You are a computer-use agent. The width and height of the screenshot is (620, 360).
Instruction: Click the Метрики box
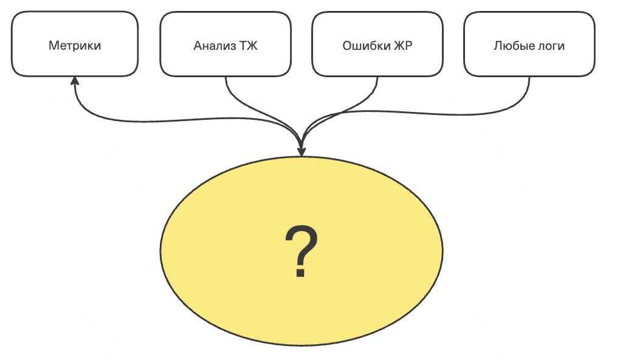tap(75, 44)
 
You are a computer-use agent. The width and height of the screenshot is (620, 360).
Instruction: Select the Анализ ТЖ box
tap(226, 44)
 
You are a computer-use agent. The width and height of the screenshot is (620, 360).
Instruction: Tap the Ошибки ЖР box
tap(377, 44)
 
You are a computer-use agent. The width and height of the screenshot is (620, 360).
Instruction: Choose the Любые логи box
tap(529, 44)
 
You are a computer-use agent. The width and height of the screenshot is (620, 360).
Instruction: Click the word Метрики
tap(75, 46)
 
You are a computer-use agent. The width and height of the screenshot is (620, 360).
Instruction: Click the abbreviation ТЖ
tap(249, 46)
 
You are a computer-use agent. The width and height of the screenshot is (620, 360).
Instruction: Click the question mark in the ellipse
tap(301, 251)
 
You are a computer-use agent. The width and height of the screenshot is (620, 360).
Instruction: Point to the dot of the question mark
tap(300, 272)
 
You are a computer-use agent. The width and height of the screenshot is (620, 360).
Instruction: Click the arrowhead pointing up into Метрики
tap(74, 80)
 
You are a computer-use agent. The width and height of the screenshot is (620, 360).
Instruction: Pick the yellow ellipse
tap(301, 251)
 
